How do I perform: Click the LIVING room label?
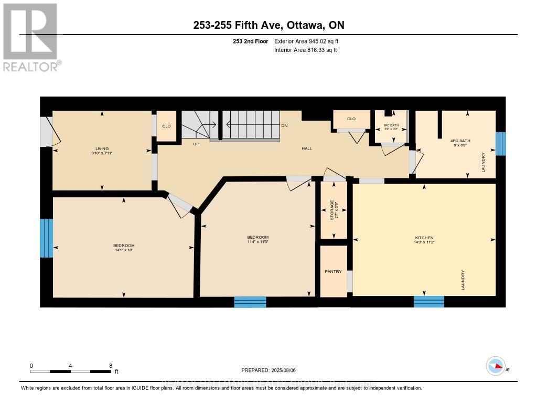[102, 148]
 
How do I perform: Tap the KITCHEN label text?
[424, 238]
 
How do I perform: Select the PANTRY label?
[333, 271]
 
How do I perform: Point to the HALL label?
[307, 148]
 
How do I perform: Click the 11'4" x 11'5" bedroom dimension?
[258, 242]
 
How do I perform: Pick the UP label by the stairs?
[197, 144]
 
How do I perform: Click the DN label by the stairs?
[284, 126]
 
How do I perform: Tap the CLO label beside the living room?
[166, 126]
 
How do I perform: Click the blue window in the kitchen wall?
[428, 302]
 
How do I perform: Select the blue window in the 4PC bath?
[501, 144]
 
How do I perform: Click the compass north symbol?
[496, 366]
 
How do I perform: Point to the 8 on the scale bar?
[110, 366]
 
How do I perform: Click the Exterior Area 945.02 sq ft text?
[310, 41]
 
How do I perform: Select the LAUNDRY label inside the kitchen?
[463, 280]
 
